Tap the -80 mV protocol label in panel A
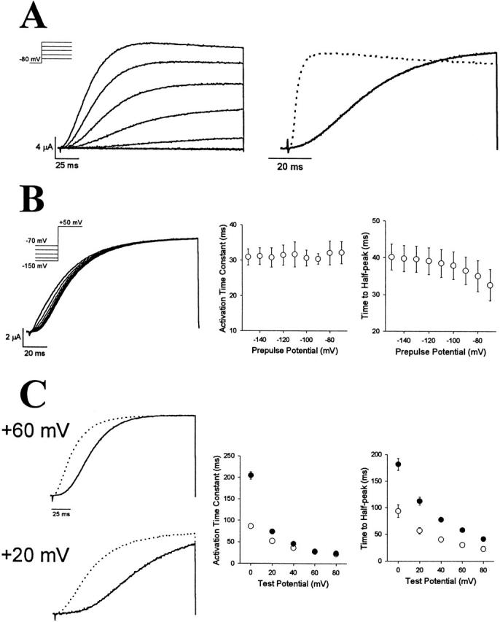click(31, 58)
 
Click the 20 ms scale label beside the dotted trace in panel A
click(290, 166)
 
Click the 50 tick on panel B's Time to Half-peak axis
click(378, 221)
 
